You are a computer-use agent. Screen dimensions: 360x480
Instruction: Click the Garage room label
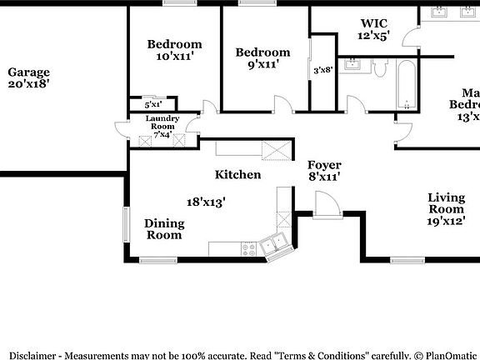(28, 72)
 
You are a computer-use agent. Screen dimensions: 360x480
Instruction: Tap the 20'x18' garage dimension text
(28, 84)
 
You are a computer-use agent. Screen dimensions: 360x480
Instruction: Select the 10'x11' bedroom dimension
(175, 57)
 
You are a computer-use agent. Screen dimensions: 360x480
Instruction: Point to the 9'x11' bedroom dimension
(262, 63)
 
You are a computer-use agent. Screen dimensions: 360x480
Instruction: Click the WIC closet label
(373, 23)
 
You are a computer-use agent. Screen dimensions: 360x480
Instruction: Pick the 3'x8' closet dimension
(322, 71)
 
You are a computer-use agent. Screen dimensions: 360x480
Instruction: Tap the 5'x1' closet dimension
(152, 105)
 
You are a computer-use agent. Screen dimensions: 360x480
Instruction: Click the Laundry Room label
(162, 122)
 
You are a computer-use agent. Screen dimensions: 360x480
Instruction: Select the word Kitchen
(237, 175)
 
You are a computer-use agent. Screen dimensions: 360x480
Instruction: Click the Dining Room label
(163, 229)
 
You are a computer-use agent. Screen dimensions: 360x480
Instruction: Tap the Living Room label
(446, 203)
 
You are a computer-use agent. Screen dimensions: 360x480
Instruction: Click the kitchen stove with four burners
(249, 247)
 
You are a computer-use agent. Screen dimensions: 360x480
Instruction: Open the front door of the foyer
(326, 204)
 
